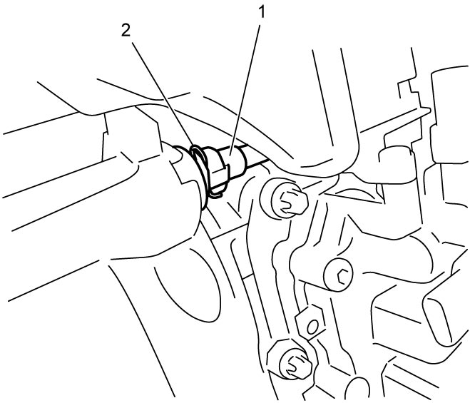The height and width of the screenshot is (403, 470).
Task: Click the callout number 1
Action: pyautogui.click(x=262, y=12)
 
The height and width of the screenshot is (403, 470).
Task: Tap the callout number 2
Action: pyautogui.click(x=126, y=31)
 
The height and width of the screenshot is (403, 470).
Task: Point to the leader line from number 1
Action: pyautogui.click(x=245, y=90)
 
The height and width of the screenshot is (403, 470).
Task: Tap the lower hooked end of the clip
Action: pyautogui.click(x=215, y=195)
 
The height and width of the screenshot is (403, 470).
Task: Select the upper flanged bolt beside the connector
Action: pyautogui.click(x=290, y=200)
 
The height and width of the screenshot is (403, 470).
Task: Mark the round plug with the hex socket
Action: pyautogui.click(x=338, y=275)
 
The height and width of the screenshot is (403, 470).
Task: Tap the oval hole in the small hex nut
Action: pyautogui.click(x=312, y=326)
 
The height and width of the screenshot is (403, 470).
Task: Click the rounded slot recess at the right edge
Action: pyautogui.click(x=443, y=318)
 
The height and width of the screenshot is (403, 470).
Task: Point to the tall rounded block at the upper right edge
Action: pyautogui.click(x=449, y=114)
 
